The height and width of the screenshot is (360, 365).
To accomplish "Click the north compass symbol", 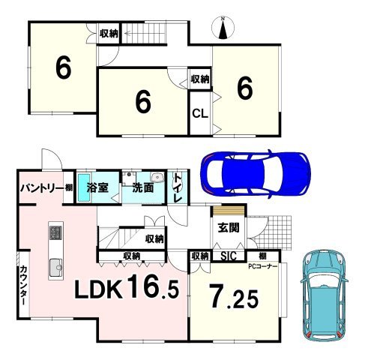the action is pos(223,28).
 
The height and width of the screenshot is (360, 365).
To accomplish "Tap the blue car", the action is pos(256,174).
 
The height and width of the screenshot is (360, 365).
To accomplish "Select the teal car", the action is pos(325,295).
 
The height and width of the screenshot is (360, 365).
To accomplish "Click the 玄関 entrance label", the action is pos(229,228).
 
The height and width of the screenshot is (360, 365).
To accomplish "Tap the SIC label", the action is pos(229,256).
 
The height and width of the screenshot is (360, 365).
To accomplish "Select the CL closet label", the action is pos(200,114).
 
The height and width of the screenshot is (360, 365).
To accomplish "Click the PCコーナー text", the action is pos(262,266).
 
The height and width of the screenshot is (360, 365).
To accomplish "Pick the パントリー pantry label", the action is pos(42,187).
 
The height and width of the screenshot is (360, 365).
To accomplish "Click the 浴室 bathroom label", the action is pos(97,187).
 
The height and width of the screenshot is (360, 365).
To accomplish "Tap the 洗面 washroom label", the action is pos(142,187).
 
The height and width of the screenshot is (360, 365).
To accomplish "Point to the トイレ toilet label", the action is pos(178,188).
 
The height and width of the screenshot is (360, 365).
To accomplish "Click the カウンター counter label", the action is pos(23,286).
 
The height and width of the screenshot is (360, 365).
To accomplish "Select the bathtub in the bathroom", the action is pos(84,187).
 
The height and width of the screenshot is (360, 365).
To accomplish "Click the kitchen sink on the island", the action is pos(56,268).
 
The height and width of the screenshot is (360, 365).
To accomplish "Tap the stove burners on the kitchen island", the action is pos(55,232).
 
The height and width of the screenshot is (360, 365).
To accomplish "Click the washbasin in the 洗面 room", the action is pos(157,177).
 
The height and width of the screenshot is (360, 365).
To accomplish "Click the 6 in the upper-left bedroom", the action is pos(63,67).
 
